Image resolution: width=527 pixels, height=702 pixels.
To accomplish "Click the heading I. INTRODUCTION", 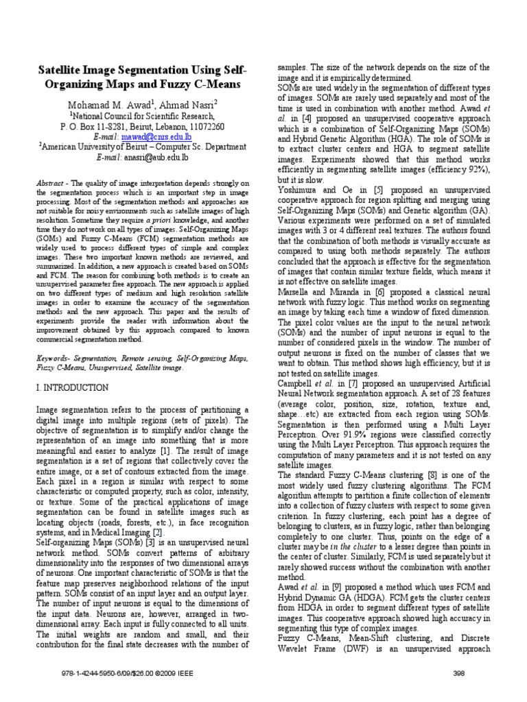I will [x=72, y=388].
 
